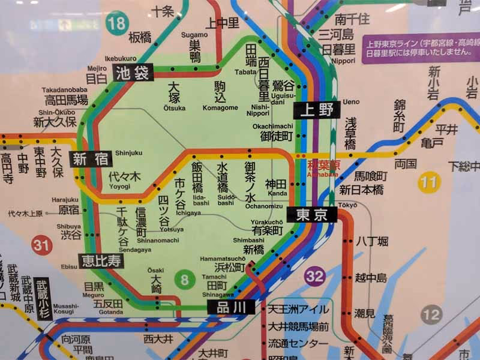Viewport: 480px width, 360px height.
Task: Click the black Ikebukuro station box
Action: (x=133, y=73)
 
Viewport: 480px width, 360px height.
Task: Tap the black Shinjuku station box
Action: (x=89, y=159)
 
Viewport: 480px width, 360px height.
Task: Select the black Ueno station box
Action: (x=317, y=110)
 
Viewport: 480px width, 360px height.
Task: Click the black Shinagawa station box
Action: (x=232, y=307)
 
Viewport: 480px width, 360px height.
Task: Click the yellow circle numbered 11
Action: (x=430, y=182)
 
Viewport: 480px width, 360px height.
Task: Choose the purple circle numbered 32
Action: (x=314, y=277)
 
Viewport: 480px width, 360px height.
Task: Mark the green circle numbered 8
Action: (x=184, y=279)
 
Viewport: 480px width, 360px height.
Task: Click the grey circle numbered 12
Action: (x=431, y=314)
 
